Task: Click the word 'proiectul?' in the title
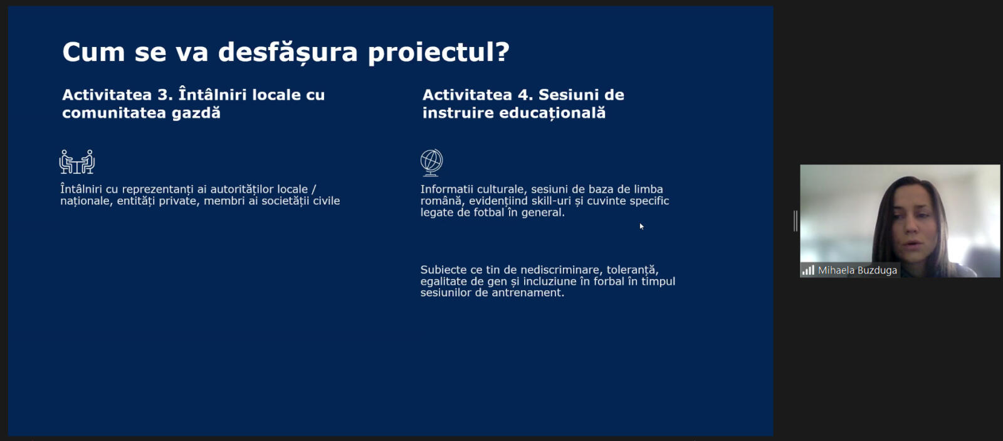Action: click(x=438, y=53)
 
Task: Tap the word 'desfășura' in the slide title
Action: click(x=288, y=52)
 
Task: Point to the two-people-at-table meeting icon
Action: click(x=77, y=162)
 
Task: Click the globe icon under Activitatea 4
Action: click(x=432, y=162)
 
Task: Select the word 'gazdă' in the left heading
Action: click(x=196, y=112)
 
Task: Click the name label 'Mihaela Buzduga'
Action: click(x=858, y=270)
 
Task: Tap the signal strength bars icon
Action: click(x=808, y=270)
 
